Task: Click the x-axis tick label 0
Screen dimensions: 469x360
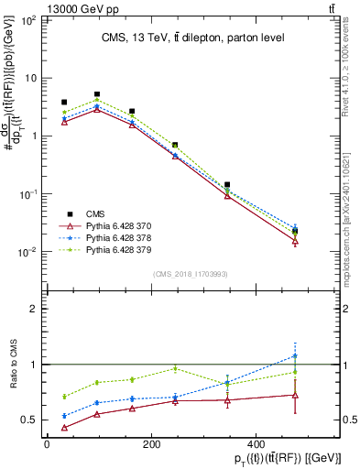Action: click(x=46, y=445)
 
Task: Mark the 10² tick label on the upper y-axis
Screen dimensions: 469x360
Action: click(x=27, y=19)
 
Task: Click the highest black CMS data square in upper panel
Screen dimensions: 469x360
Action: click(x=97, y=94)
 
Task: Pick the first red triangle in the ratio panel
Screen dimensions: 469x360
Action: click(x=64, y=428)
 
